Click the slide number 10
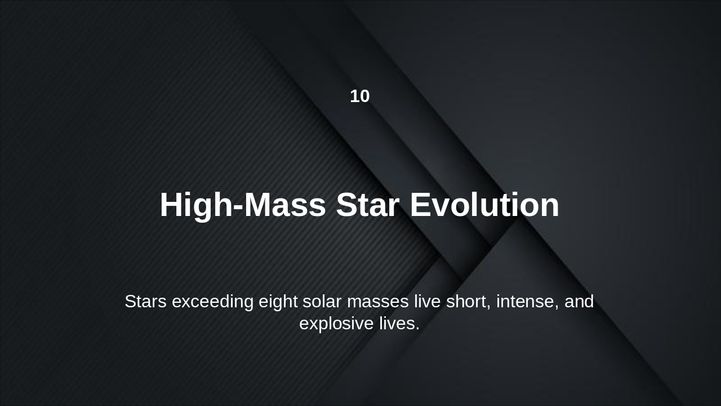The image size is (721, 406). [360, 96]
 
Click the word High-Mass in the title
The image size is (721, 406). [243, 205]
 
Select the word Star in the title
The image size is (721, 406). [368, 205]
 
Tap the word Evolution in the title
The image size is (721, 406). [484, 205]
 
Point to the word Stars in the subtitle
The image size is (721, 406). [145, 302]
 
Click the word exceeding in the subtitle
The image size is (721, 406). [212, 302]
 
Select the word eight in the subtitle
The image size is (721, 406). [278, 302]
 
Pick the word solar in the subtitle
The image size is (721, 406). [322, 302]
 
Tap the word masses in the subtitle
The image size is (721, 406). [378, 302]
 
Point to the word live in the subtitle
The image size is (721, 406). [428, 302]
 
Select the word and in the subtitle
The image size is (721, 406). [579, 302]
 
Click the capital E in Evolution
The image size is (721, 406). [420, 205]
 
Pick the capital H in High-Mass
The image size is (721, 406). [172, 205]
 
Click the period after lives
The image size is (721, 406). [418, 329]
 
